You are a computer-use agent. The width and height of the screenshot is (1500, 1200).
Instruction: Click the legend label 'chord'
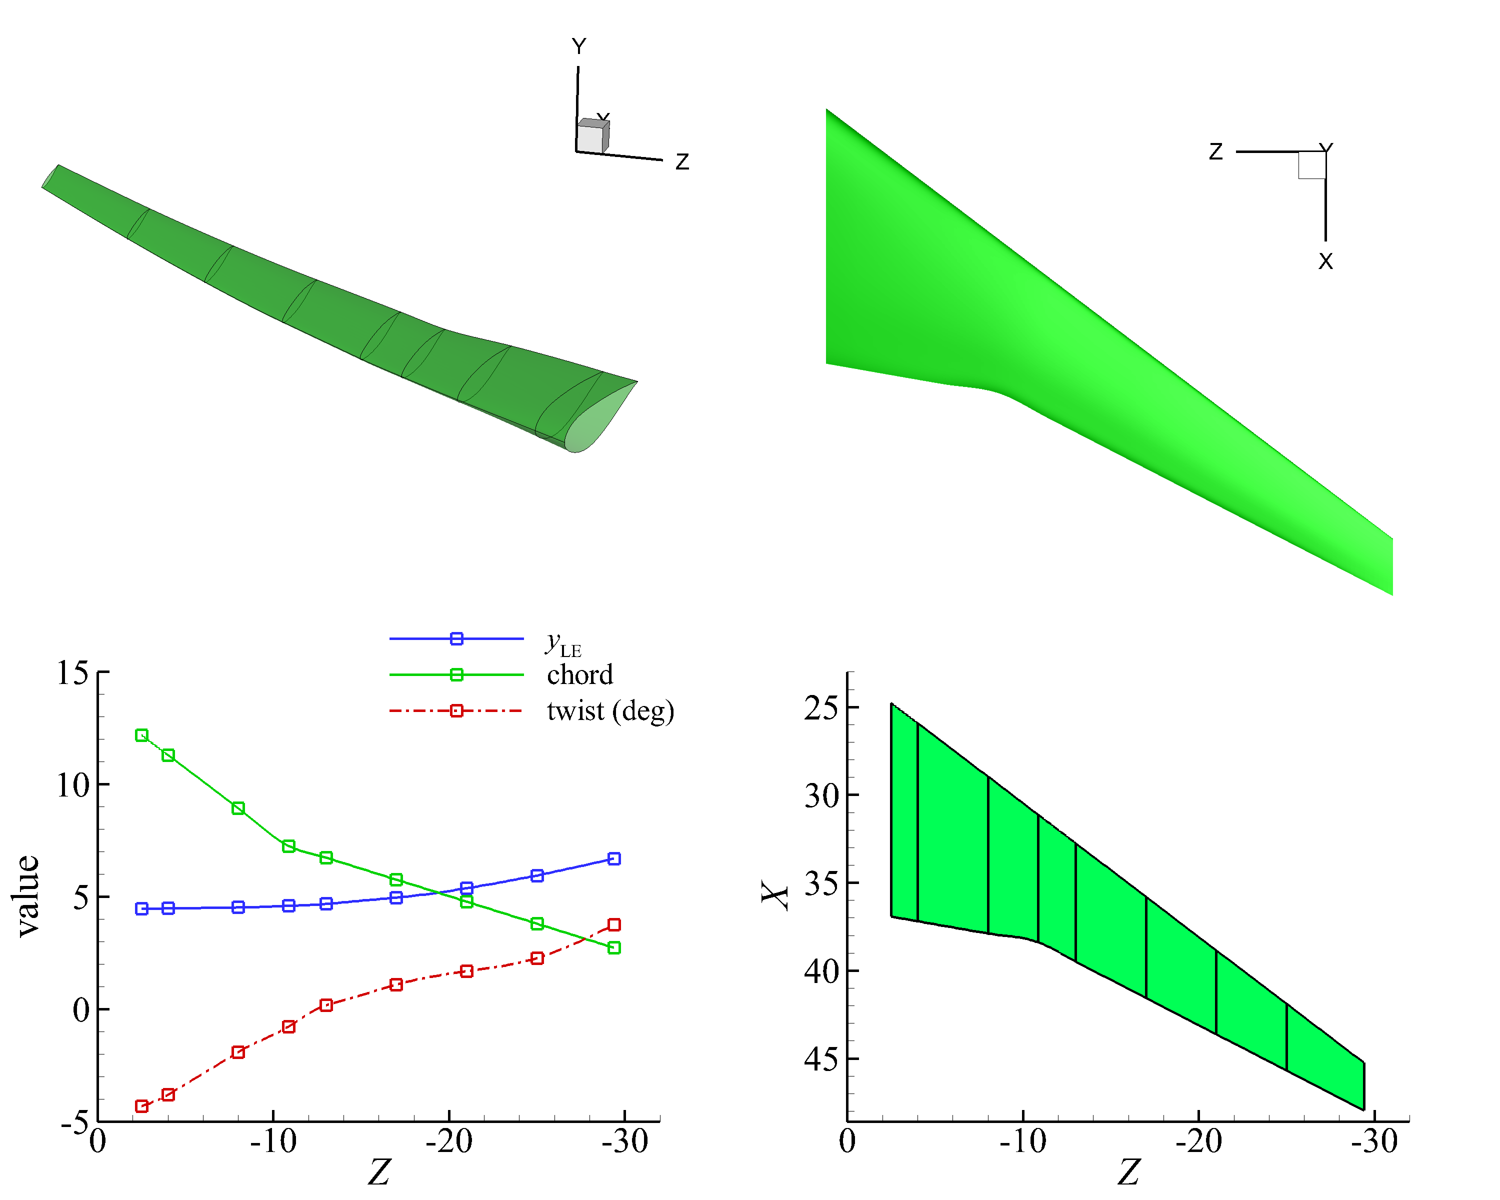pyautogui.click(x=579, y=675)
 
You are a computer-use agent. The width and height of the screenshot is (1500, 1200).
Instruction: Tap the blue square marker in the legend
pyautogui.click(x=456, y=638)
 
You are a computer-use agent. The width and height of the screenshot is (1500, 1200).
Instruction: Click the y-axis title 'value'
pyautogui.click(x=28, y=896)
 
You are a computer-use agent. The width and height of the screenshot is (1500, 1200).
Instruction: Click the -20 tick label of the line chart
pyautogui.click(x=448, y=1141)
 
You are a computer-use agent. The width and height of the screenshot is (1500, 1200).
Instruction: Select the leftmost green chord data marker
pyautogui.click(x=141, y=735)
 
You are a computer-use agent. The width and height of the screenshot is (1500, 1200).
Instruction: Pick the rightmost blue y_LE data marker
pyautogui.click(x=613, y=858)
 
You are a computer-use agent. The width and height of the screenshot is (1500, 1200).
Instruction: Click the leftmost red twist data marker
pyautogui.click(x=141, y=1106)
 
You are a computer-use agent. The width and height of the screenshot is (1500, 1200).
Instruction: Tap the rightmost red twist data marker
pyautogui.click(x=613, y=924)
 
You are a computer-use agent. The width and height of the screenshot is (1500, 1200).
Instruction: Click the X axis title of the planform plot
pyautogui.click(x=774, y=896)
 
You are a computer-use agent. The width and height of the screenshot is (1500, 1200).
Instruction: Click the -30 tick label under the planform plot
pyautogui.click(x=1374, y=1141)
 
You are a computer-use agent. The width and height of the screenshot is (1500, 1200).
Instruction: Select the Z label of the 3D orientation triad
pyautogui.click(x=682, y=162)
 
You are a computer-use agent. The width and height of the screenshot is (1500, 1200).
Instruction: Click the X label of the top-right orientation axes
pyautogui.click(x=1325, y=261)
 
